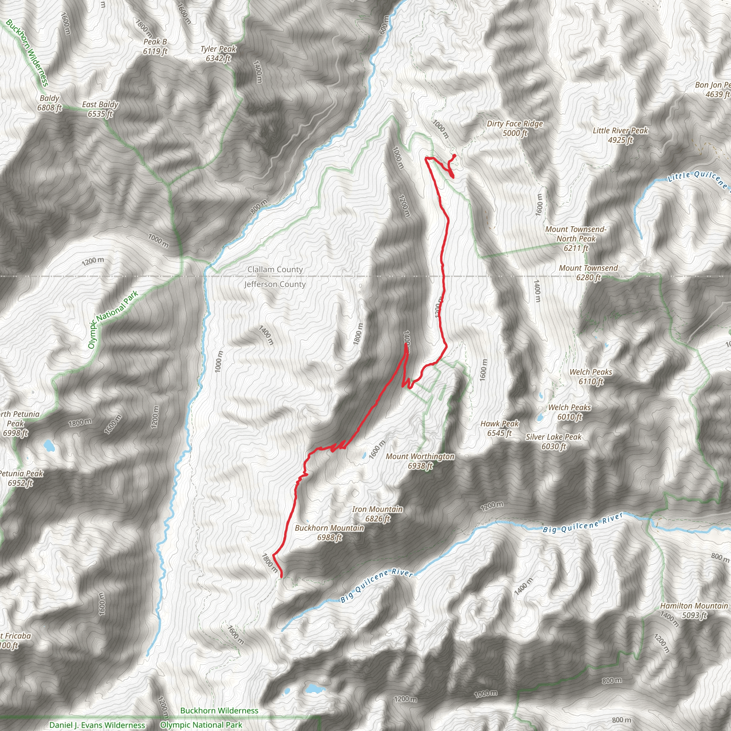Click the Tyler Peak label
(x=218, y=53)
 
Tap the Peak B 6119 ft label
(x=155, y=46)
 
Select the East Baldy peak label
(x=100, y=109)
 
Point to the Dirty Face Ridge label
(x=515, y=128)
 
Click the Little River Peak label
(x=620, y=135)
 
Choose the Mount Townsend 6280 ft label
(x=588, y=272)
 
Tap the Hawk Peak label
(x=499, y=428)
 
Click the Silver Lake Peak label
(x=553, y=442)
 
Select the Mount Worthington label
(x=420, y=461)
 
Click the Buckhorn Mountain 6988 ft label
(x=329, y=532)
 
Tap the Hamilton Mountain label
(x=694, y=610)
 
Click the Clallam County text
(x=275, y=269)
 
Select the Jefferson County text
(x=275, y=284)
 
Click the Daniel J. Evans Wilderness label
(x=97, y=725)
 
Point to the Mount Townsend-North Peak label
(x=576, y=239)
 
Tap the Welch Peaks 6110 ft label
(x=591, y=377)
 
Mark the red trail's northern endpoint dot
(x=454, y=156)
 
